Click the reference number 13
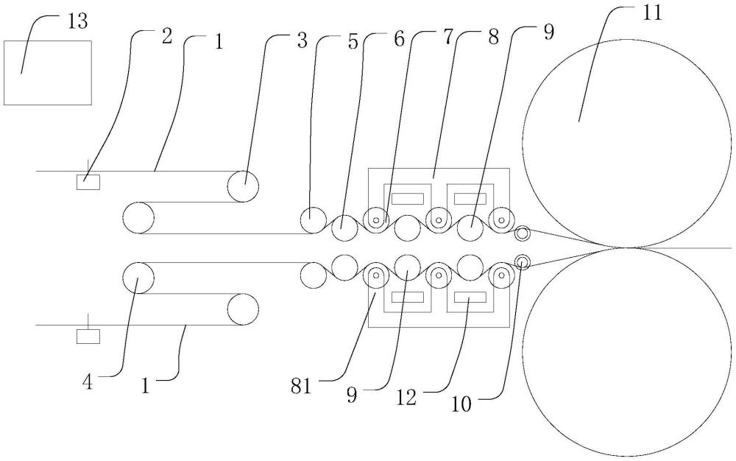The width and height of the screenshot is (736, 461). pyautogui.click(x=77, y=21)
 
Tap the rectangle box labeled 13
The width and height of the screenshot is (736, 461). pyautogui.click(x=48, y=72)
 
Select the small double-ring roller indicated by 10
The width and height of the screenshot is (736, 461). pyautogui.click(x=523, y=261)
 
